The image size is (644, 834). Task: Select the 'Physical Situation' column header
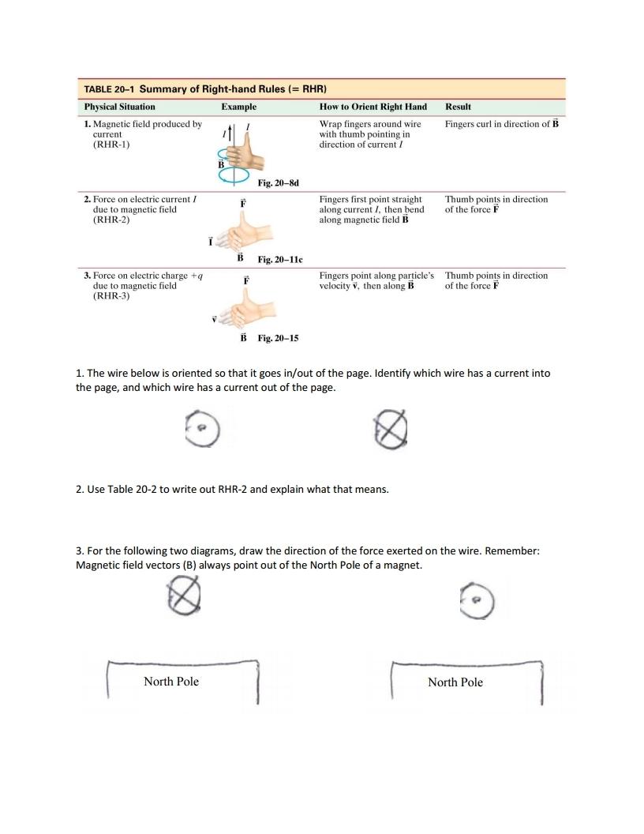point(120,107)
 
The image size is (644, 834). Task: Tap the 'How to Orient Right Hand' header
point(373,107)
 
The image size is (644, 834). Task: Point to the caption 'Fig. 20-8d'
point(278,183)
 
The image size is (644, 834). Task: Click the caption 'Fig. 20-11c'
point(280,259)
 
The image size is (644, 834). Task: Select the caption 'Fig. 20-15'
point(278,338)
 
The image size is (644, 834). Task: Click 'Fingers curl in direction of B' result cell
point(501,124)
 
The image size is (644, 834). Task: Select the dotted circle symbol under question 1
point(202,430)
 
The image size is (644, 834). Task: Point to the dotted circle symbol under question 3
point(477,603)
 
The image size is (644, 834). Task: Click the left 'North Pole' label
point(171,682)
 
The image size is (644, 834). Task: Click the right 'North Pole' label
point(455,682)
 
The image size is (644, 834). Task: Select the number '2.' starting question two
point(80,490)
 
